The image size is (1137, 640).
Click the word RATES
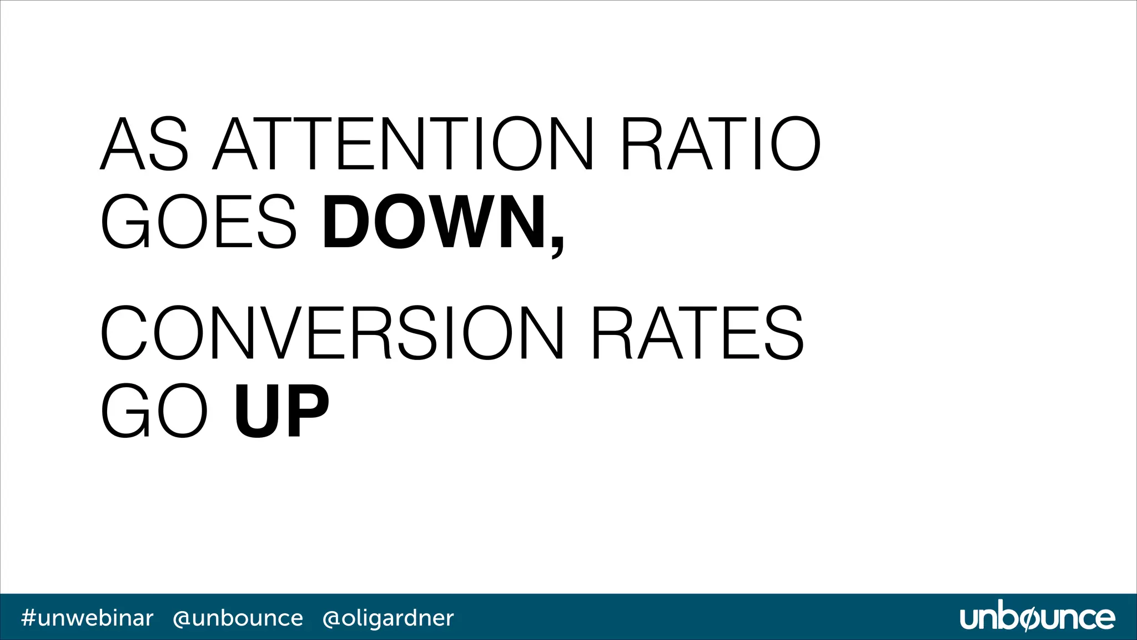coord(697,332)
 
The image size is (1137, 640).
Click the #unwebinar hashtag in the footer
coord(87,618)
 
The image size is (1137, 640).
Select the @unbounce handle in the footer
coord(238,618)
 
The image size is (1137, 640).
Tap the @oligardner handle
coord(388,618)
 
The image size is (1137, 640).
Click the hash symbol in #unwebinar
coord(28,618)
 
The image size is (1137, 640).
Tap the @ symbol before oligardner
coord(331,618)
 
